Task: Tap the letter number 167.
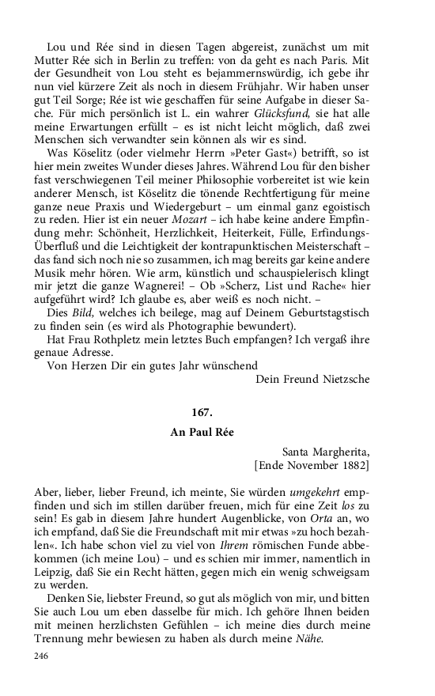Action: pyautogui.click(x=202, y=413)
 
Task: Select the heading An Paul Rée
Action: pyautogui.click(x=202, y=433)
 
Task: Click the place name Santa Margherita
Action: pyautogui.click(x=325, y=452)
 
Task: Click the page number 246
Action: pyautogui.click(x=43, y=656)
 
